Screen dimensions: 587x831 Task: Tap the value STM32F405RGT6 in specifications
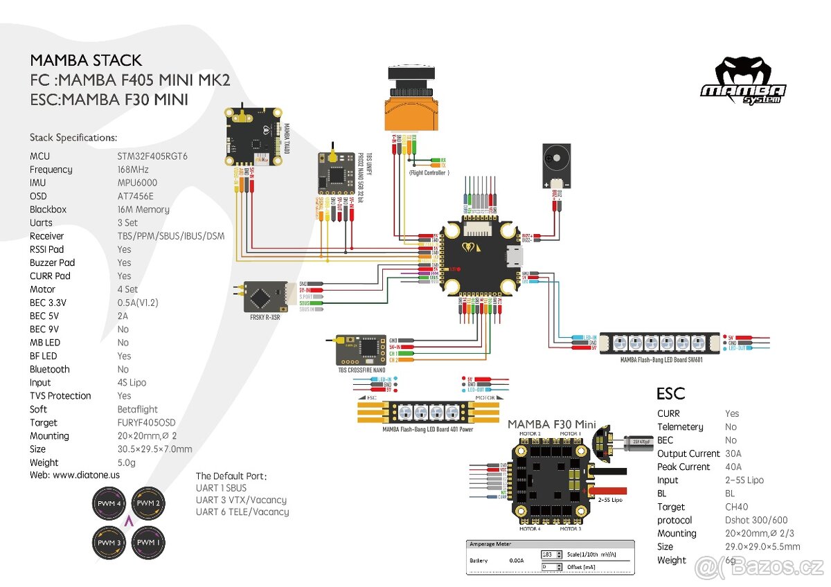[x=152, y=156]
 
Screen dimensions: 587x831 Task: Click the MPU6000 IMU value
[x=137, y=183]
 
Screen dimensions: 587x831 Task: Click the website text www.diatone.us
[x=86, y=476]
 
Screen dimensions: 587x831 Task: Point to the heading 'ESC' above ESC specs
[x=670, y=394]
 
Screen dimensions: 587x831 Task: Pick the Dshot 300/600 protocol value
[x=756, y=520]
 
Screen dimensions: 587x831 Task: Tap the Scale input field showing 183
[x=551, y=554]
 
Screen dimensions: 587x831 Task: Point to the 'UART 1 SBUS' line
[x=221, y=487]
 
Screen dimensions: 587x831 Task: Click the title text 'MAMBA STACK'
[x=86, y=60]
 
